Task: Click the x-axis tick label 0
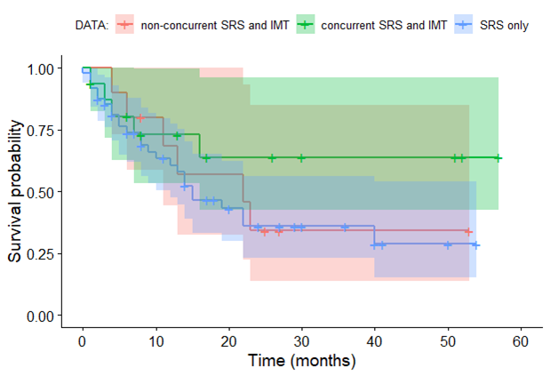83,341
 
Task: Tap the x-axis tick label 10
155,341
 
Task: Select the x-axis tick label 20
228,341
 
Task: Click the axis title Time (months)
301,361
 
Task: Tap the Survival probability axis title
16,192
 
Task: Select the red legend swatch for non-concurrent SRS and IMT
125,25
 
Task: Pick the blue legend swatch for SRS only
465,25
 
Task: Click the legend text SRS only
505,25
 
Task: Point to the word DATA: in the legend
92,25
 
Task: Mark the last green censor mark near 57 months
498,158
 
